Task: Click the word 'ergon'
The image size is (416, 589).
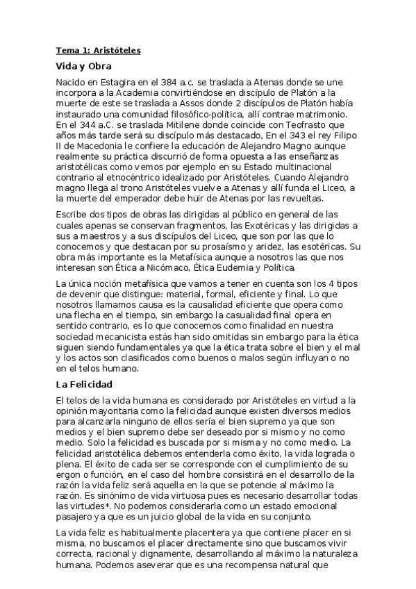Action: coord(69,473)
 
